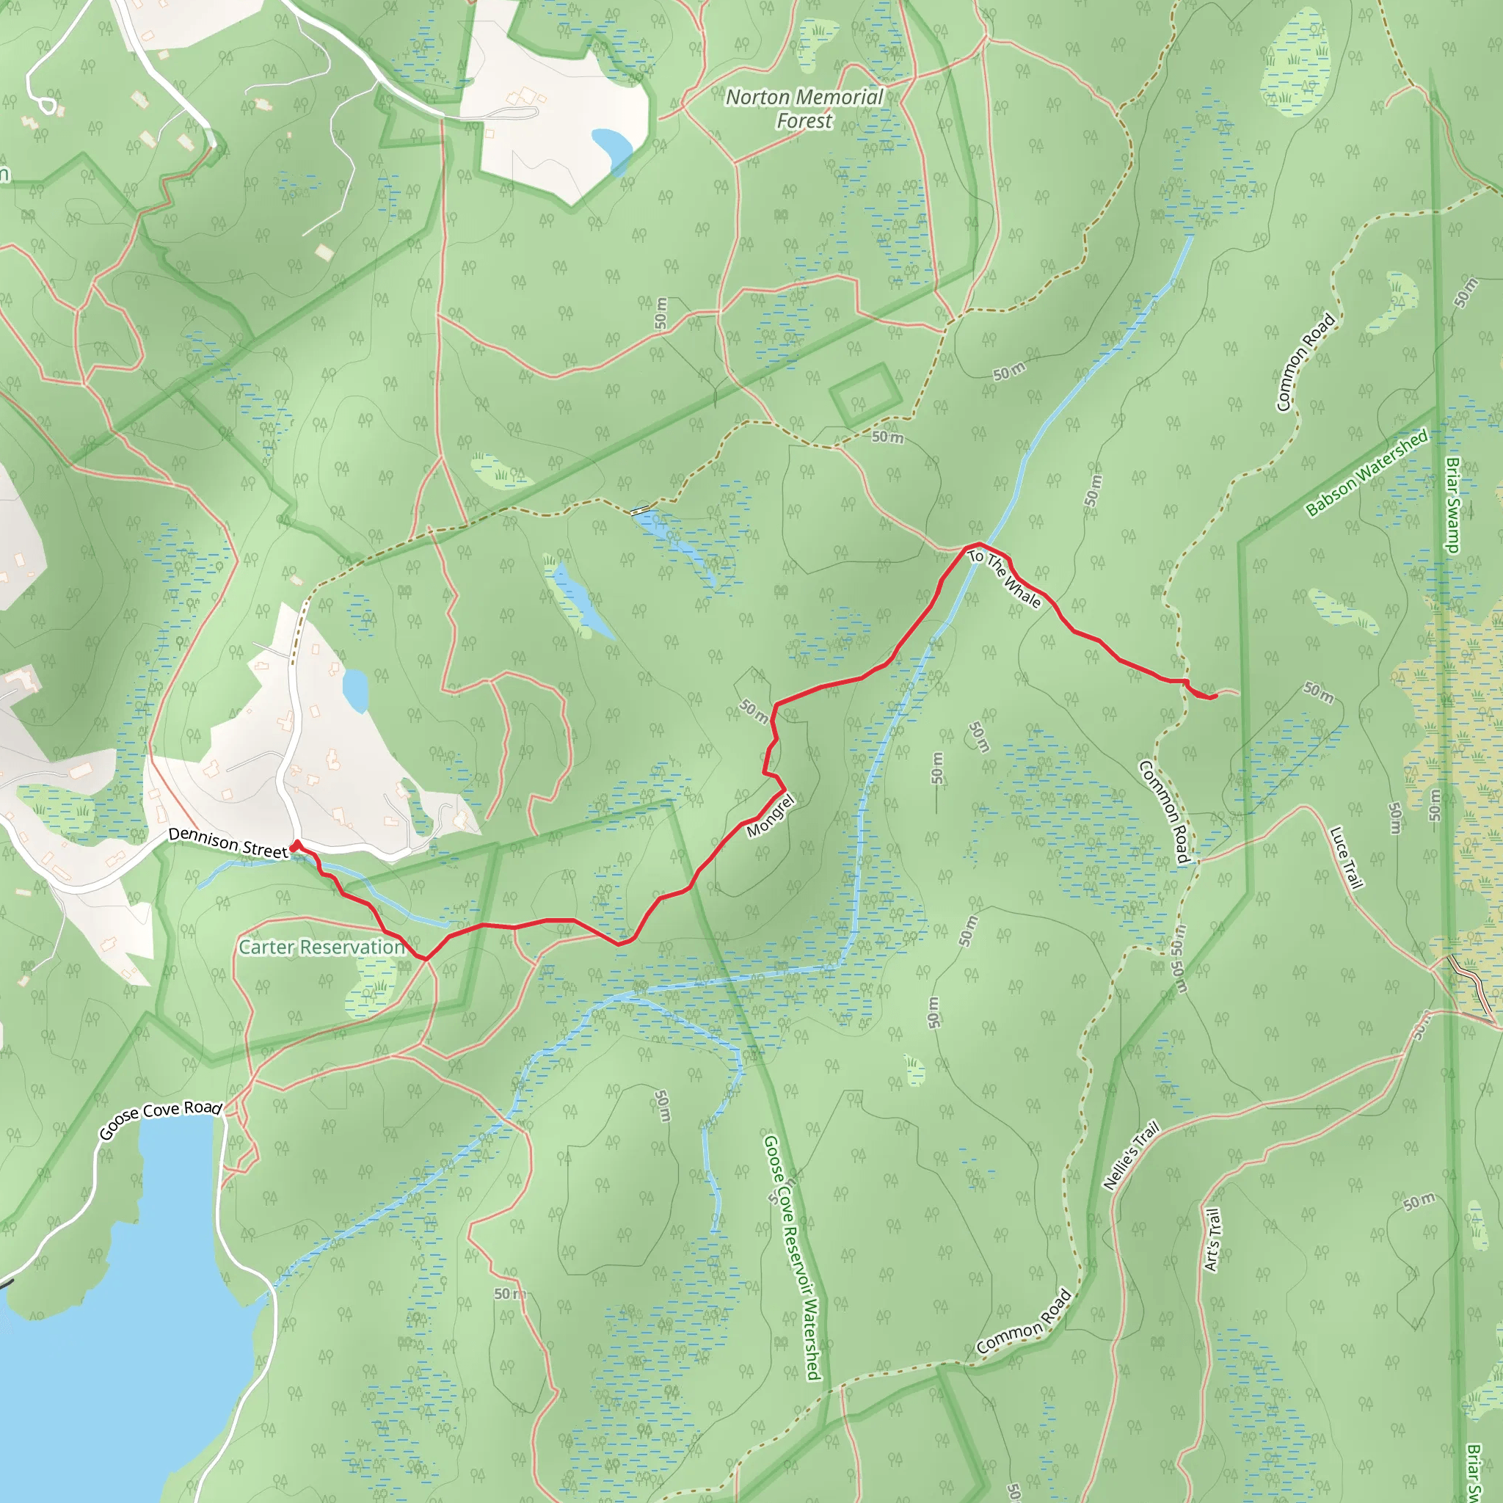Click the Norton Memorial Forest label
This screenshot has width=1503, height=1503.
[804, 109]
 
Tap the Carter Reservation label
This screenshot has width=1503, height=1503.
[321, 947]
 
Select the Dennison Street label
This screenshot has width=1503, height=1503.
[228, 843]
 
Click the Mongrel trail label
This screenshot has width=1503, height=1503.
[770, 816]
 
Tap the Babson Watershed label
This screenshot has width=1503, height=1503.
[1366, 472]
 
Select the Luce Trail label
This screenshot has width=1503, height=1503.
[1347, 857]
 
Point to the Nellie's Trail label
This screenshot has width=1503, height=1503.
[1131, 1154]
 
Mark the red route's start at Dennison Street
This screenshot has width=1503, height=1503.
[295, 844]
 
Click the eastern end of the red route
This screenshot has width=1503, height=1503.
[1215, 696]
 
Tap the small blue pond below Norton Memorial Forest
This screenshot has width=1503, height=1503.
[612, 150]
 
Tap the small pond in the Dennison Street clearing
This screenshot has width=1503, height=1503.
[355, 689]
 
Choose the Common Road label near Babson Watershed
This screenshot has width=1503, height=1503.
[1306, 362]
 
